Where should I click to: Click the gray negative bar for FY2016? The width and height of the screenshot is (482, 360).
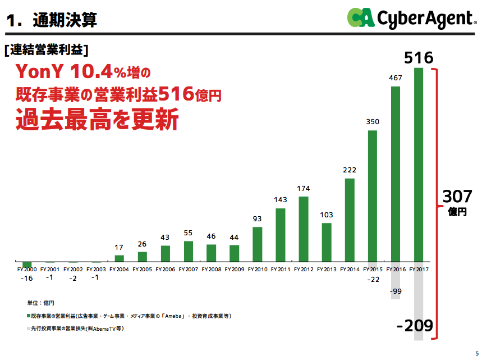click(395, 280)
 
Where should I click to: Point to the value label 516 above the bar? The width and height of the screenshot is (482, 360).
click(419, 58)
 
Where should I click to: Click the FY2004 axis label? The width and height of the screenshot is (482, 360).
click(119, 270)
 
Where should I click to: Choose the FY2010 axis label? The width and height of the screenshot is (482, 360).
click(257, 270)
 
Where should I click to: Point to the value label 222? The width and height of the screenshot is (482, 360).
click(350, 170)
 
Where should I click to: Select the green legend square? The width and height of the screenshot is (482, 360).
click(28, 317)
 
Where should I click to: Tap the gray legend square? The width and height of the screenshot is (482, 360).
click(28, 329)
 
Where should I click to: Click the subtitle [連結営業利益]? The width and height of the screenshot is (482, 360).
click(46, 49)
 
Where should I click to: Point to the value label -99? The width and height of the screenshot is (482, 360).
click(396, 291)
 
